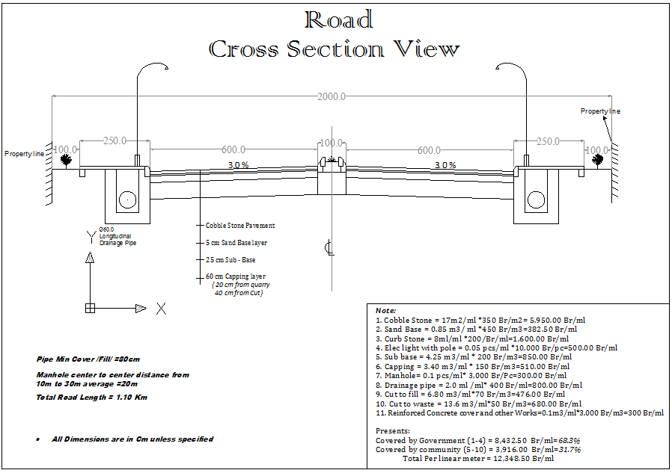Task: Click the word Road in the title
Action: [338, 19]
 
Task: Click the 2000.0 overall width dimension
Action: [332, 96]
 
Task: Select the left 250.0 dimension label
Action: [114, 140]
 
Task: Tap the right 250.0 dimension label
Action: [549, 140]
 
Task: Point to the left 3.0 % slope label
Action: [239, 164]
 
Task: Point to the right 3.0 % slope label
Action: [445, 164]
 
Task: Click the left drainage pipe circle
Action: [128, 200]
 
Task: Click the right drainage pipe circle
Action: [536, 200]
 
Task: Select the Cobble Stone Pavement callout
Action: [240, 225]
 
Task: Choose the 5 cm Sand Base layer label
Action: [236, 243]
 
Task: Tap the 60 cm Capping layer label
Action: [236, 276]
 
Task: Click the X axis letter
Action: [161, 309]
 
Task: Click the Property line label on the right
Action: [600, 111]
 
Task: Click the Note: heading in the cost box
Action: [386, 310]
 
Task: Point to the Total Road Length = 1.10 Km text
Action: [92, 397]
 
